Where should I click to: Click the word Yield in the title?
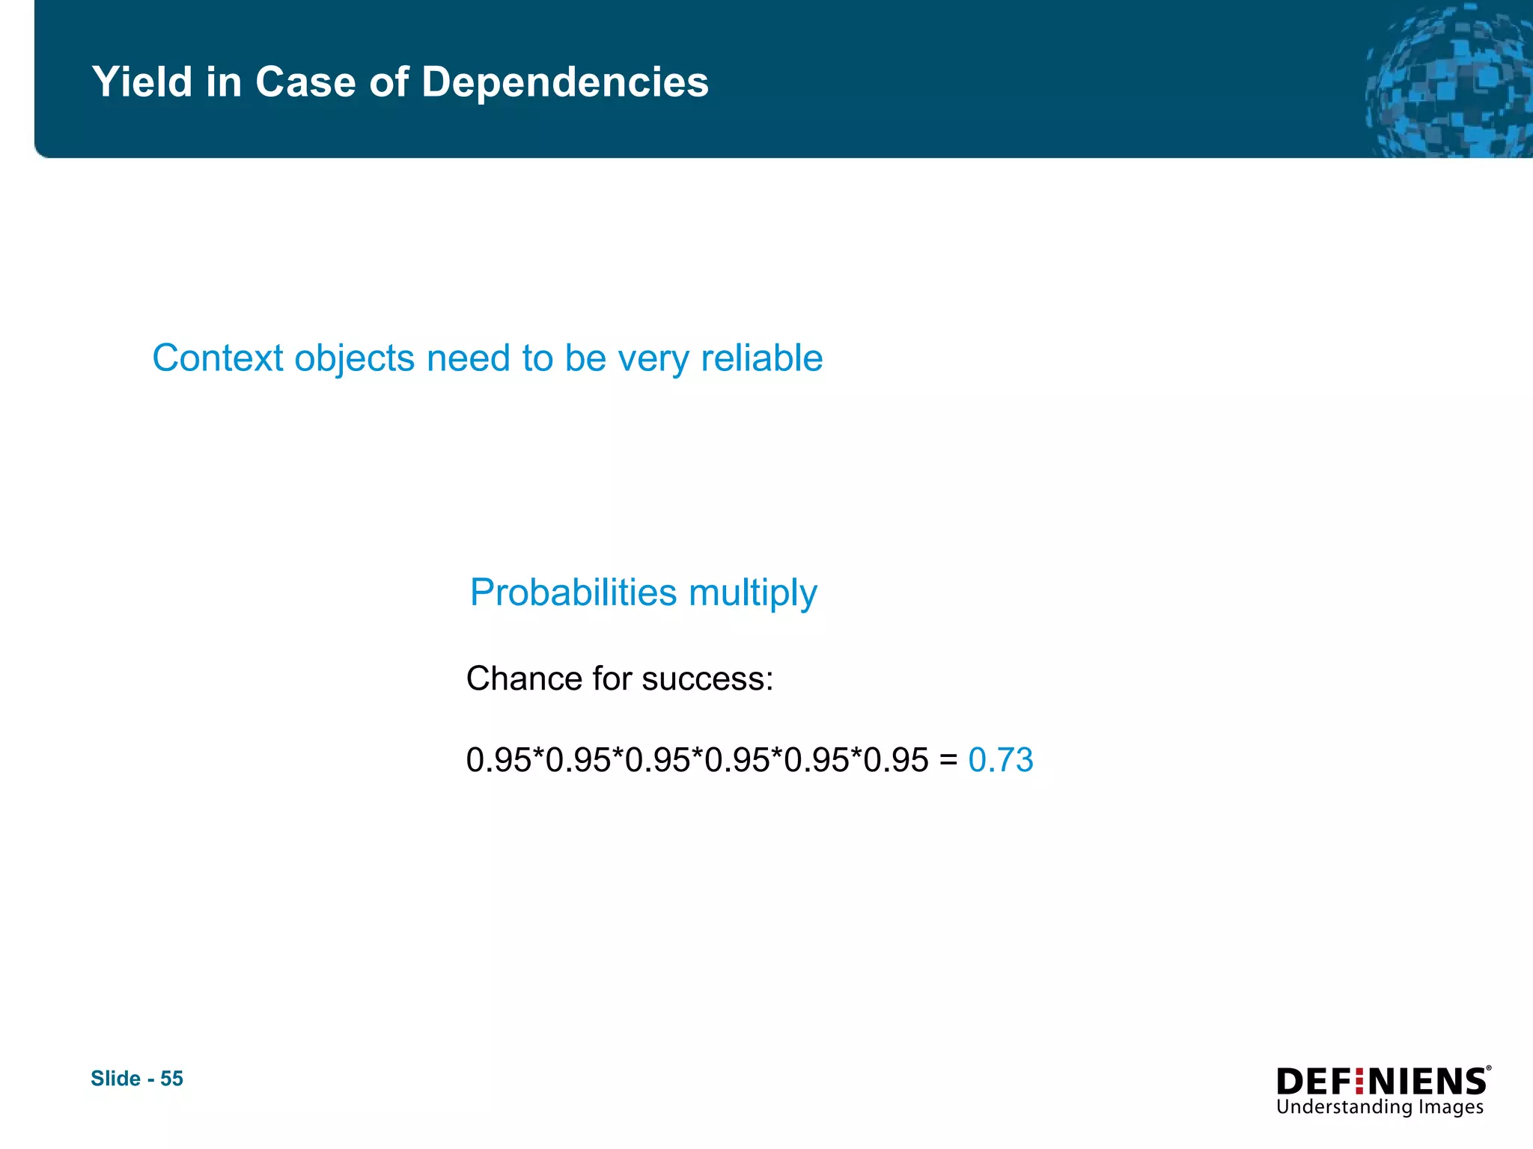pyautogui.click(x=142, y=82)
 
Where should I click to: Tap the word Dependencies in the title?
pyautogui.click(x=565, y=82)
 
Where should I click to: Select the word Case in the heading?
pyautogui.click(x=305, y=82)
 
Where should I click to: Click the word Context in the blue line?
pyautogui.click(x=217, y=358)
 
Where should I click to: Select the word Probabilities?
pyautogui.click(x=573, y=592)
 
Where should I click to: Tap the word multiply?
pyautogui.click(x=753, y=594)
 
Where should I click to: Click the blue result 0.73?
pyautogui.click(x=1001, y=760)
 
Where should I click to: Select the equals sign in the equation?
pyautogui.click(x=948, y=761)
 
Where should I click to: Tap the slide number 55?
pyautogui.click(x=171, y=1079)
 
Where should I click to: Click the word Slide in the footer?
pyautogui.click(x=116, y=1079)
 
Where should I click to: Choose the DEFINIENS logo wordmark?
pyautogui.click(x=1382, y=1082)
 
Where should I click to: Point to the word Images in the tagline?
pyautogui.click(x=1452, y=1108)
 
